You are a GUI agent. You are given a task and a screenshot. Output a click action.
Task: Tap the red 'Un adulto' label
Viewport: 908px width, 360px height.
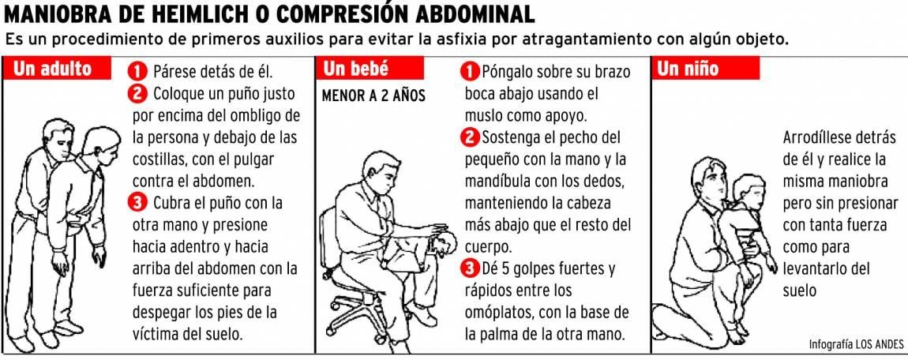click(57, 68)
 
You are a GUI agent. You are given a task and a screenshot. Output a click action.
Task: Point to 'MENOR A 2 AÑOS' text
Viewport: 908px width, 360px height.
click(373, 96)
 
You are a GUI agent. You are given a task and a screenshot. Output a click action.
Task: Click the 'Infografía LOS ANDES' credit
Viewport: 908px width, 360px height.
click(856, 344)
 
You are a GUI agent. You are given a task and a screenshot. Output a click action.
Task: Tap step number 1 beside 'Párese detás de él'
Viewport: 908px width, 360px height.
click(138, 72)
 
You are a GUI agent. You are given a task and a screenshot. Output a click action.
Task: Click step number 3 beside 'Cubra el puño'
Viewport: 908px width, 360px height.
click(138, 203)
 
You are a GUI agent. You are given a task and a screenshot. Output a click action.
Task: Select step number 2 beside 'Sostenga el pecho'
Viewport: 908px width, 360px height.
click(471, 137)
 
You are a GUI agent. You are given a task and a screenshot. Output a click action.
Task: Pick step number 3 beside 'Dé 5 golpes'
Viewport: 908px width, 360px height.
click(471, 268)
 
